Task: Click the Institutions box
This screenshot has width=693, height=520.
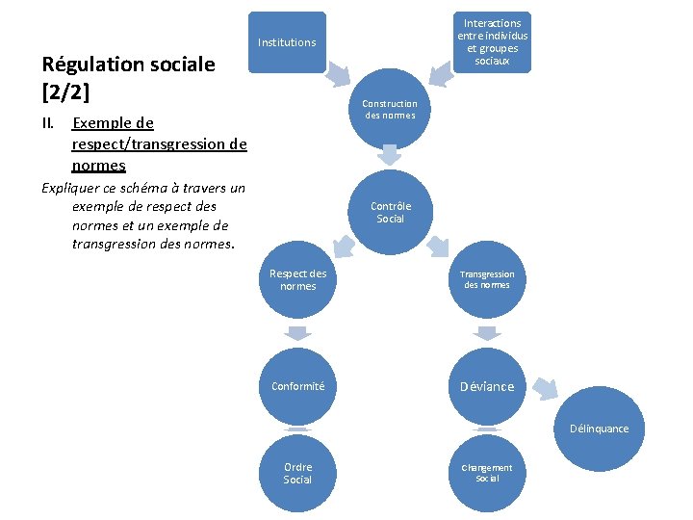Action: point(287,42)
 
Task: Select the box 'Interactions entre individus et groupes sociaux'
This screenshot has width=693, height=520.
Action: point(492,42)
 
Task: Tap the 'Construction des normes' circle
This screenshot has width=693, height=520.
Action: point(390,110)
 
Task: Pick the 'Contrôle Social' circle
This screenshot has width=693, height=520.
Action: point(390,213)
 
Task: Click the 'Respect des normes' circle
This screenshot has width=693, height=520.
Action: point(297,280)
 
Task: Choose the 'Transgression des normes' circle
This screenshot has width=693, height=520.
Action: point(487,280)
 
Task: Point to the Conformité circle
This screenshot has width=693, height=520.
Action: point(297,387)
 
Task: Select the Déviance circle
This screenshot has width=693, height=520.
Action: point(487,387)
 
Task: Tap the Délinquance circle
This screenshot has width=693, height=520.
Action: point(599,429)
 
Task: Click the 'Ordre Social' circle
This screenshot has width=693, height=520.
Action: point(297,474)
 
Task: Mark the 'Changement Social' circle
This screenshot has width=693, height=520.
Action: point(487,474)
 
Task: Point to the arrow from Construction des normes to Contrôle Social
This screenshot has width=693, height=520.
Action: point(390,154)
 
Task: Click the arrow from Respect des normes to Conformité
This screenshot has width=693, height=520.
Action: point(297,333)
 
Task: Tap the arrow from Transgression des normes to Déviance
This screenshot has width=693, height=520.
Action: point(487,333)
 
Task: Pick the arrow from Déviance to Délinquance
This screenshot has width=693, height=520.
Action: point(545,388)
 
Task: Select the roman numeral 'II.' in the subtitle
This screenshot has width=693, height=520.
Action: point(50,123)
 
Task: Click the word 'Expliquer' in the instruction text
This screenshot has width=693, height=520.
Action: point(73,188)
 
